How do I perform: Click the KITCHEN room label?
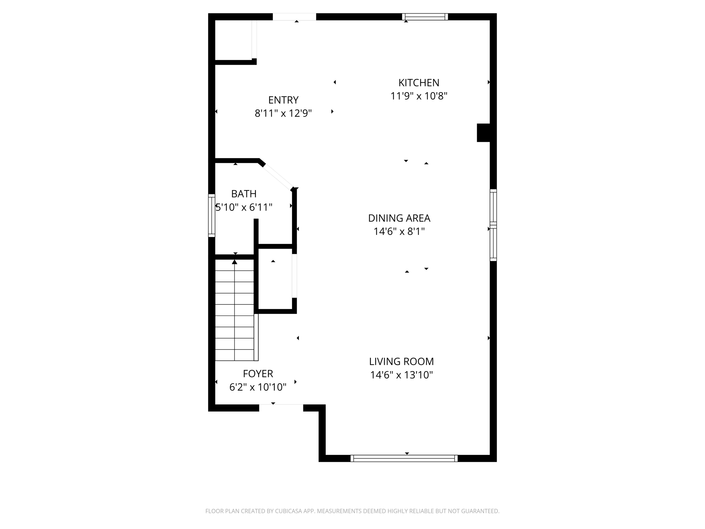(x=419, y=83)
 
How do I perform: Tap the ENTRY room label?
(x=283, y=100)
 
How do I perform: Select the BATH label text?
(x=244, y=194)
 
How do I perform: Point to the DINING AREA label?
(x=399, y=218)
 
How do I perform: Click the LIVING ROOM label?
(x=401, y=361)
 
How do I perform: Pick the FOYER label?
(x=258, y=374)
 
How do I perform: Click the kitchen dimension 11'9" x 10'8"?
(x=419, y=96)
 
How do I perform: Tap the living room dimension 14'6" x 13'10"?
(x=401, y=375)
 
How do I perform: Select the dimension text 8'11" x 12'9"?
(x=283, y=113)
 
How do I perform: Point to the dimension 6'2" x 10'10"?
(x=258, y=387)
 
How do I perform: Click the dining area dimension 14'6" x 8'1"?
(x=399, y=231)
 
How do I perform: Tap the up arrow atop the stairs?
(x=235, y=262)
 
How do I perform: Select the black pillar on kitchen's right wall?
(x=483, y=133)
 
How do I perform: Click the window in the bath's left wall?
(x=211, y=216)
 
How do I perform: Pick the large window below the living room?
(x=404, y=458)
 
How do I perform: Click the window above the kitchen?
(x=425, y=17)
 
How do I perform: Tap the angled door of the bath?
(x=278, y=177)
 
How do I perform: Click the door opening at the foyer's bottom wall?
(x=281, y=408)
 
